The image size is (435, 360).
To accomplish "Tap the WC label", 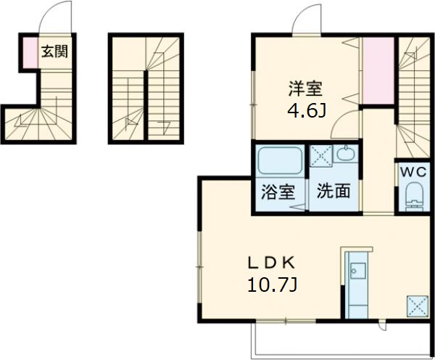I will pos(415,172).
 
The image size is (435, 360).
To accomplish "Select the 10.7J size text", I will pos(270,285).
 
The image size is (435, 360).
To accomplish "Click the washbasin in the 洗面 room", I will pos(344,156).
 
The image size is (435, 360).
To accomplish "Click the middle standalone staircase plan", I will pos(145,89).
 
